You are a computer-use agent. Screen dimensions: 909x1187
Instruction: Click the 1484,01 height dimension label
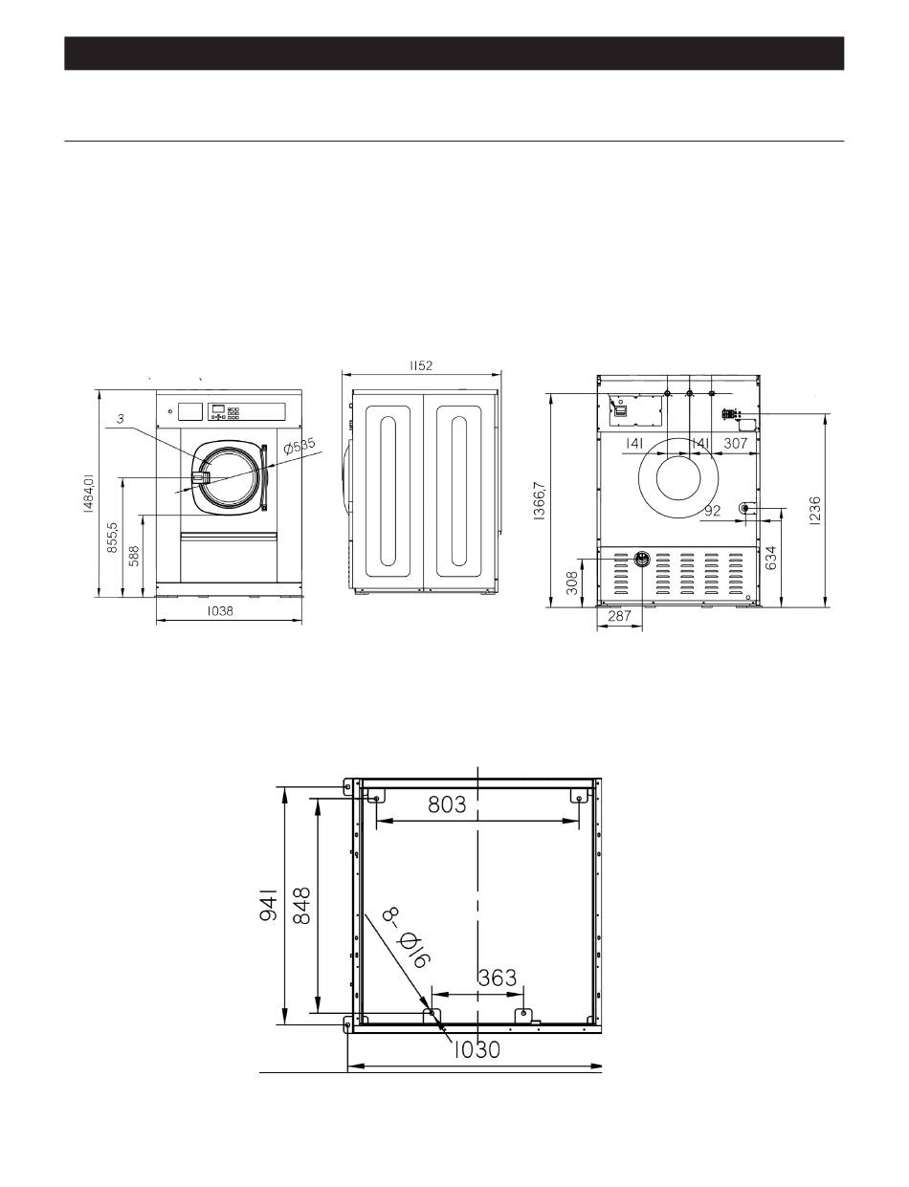pyautogui.click(x=89, y=494)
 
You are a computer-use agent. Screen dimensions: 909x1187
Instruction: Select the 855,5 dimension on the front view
pyautogui.click(x=113, y=539)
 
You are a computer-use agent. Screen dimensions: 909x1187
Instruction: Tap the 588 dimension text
pyautogui.click(x=134, y=557)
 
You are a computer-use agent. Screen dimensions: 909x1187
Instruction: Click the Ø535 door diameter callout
pyautogui.click(x=299, y=446)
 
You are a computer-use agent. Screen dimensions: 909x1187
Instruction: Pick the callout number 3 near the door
pyautogui.click(x=121, y=419)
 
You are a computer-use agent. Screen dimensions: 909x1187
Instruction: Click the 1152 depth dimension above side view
pyautogui.click(x=421, y=365)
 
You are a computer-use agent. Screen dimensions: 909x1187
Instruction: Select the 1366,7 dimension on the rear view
pyautogui.click(x=539, y=500)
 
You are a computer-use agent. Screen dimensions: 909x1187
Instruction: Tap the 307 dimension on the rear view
pyautogui.click(x=735, y=444)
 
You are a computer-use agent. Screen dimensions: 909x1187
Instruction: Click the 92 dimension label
pyautogui.click(x=712, y=511)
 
